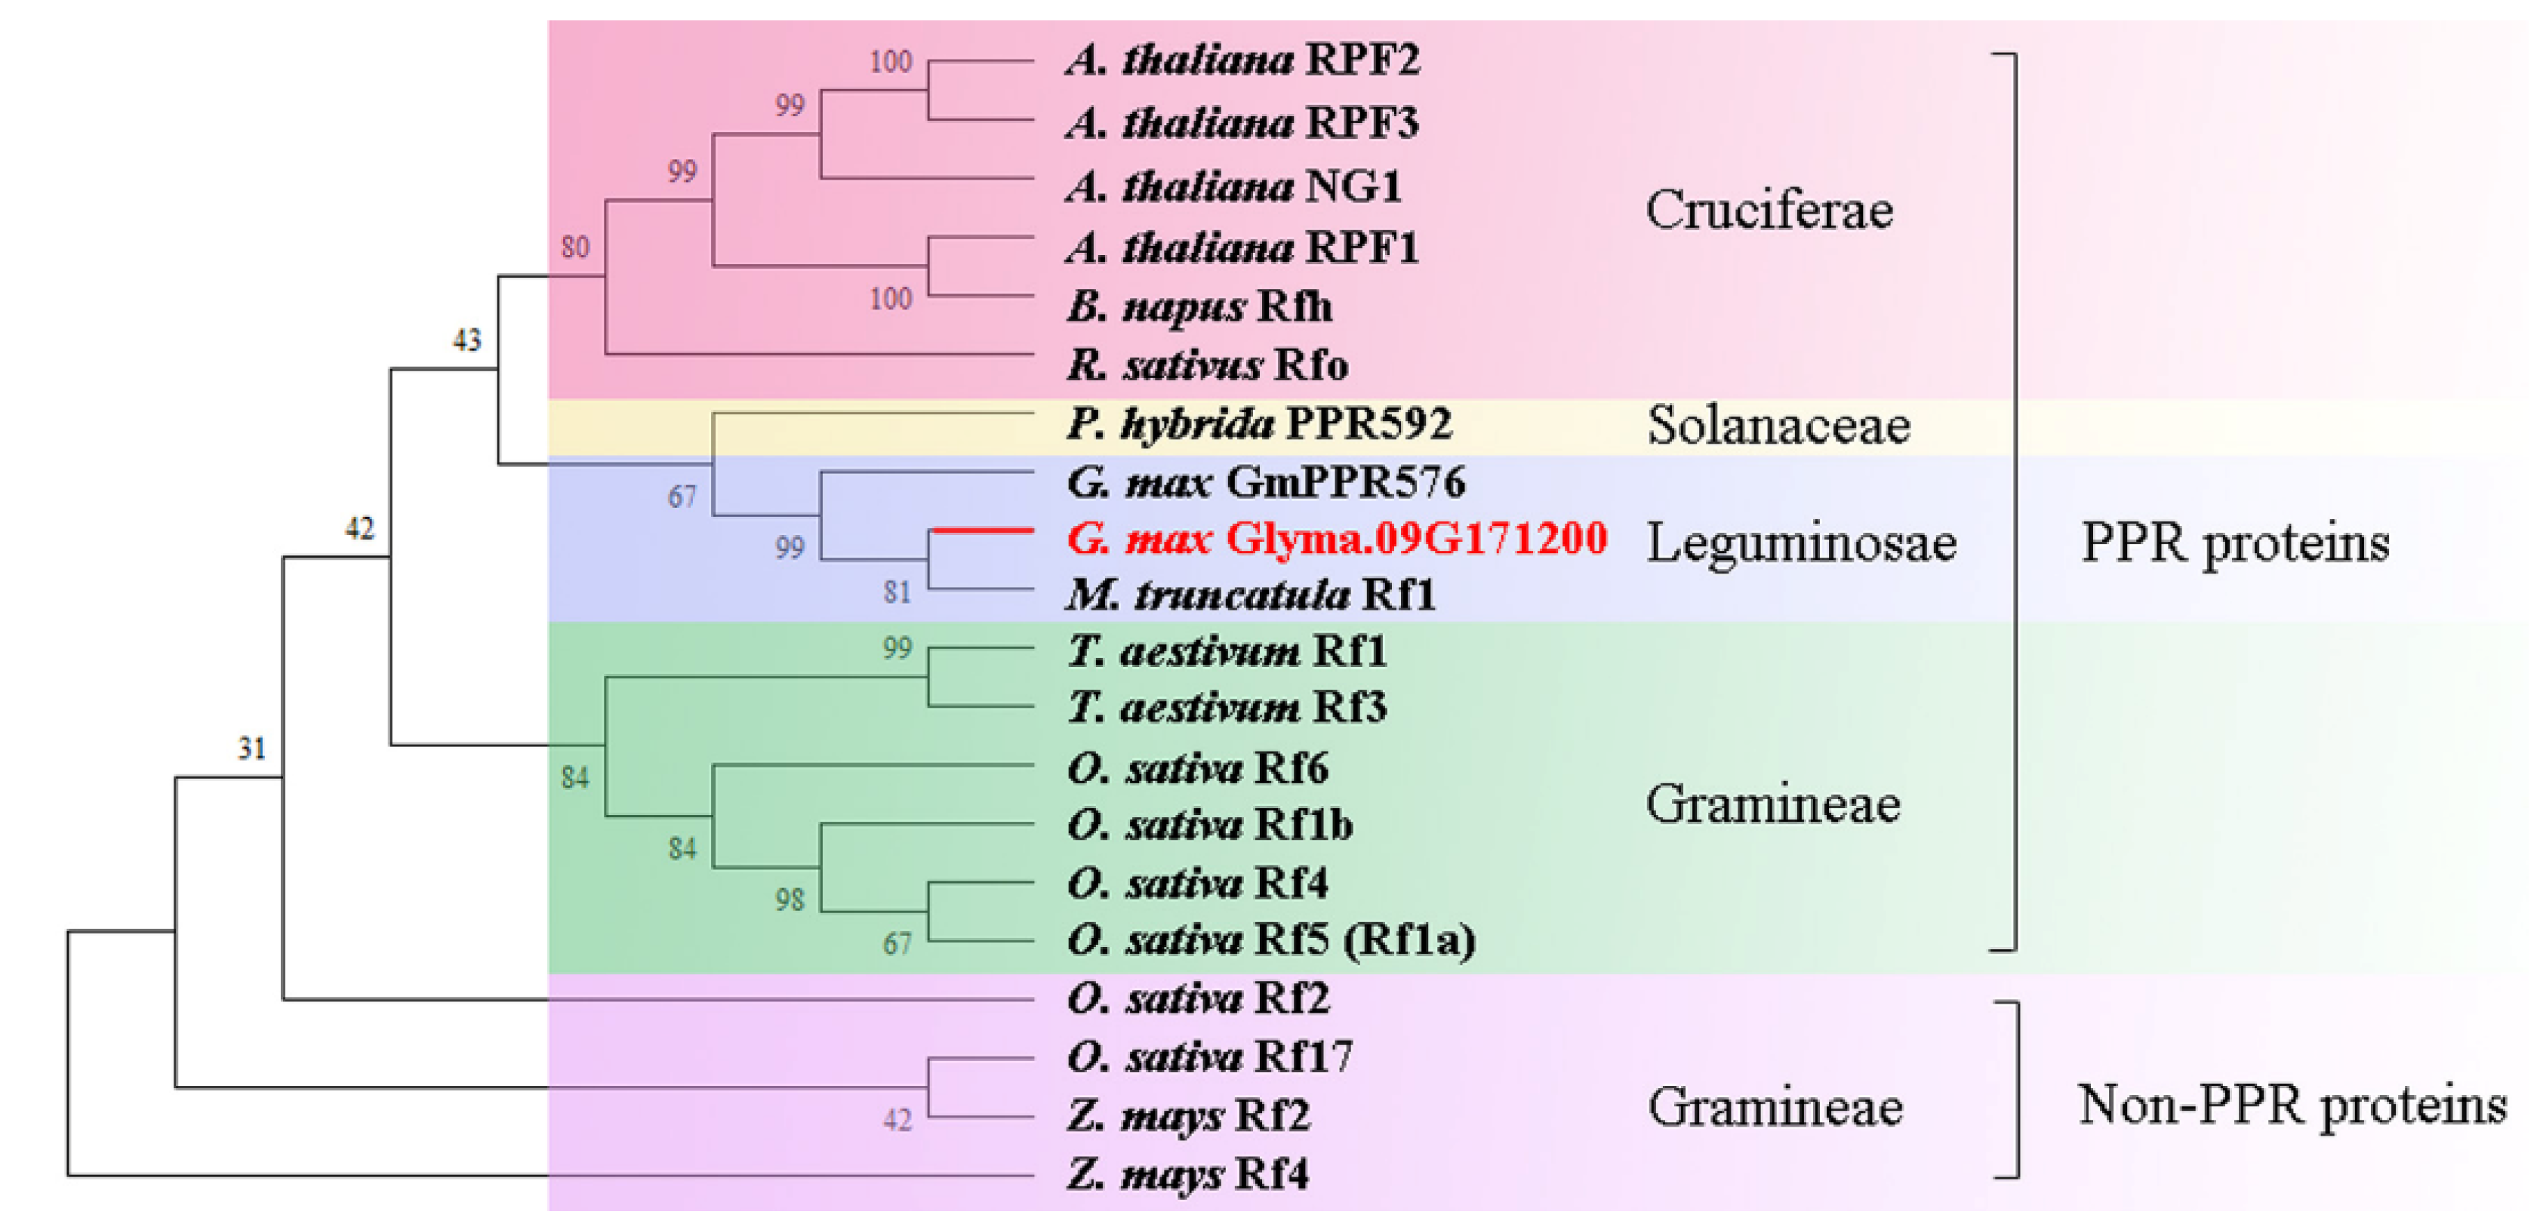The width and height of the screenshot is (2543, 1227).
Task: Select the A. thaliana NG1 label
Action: [x=1234, y=186]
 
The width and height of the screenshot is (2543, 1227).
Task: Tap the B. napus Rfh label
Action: [x=1199, y=307]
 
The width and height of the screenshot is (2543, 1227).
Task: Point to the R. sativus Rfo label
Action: [x=1207, y=366]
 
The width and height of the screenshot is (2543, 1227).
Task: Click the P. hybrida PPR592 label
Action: [x=1258, y=424]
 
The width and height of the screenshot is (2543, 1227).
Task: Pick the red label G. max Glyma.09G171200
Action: [x=1337, y=539]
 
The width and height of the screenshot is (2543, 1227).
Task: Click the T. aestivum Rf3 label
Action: [x=1227, y=708]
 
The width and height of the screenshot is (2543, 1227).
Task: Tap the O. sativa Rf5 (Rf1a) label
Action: [x=1271, y=939]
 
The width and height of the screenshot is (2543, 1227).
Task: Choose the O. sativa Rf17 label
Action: [x=1209, y=1057]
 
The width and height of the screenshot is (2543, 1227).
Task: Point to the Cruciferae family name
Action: [x=1769, y=211]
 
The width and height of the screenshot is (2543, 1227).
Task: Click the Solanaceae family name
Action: [x=1778, y=426]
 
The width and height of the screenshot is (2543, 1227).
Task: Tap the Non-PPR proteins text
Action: [x=2292, y=1105]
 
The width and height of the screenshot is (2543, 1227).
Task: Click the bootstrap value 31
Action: [x=251, y=749]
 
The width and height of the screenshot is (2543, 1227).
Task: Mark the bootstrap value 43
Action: [x=467, y=340]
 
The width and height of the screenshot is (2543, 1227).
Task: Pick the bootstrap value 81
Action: [x=897, y=592]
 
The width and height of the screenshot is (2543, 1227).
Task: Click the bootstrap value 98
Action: [x=790, y=899]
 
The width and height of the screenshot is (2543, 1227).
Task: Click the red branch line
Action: [x=982, y=532]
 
